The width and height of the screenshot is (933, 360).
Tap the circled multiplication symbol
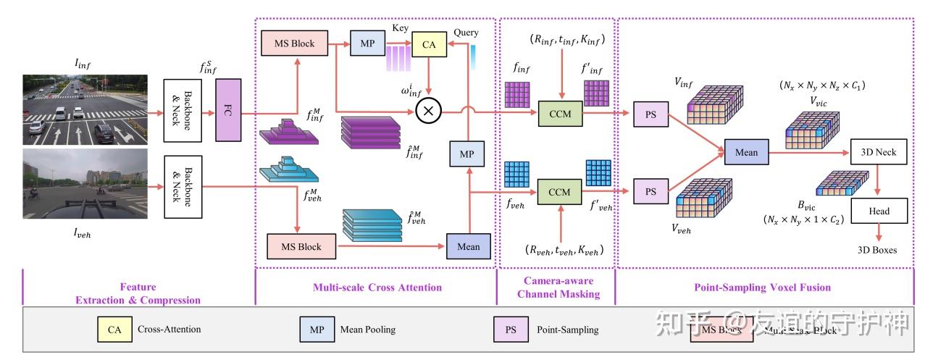(x=428, y=111)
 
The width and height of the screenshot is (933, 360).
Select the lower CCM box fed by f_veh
(x=559, y=192)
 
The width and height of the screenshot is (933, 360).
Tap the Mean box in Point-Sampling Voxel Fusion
(x=746, y=152)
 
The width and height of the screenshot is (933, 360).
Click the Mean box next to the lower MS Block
(x=468, y=246)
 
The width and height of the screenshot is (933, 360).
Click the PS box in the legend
(x=511, y=330)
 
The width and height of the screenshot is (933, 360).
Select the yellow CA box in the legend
(x=114, y=330)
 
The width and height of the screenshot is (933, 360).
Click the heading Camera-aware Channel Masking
(x=556, y=287)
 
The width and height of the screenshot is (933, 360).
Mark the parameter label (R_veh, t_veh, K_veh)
(x=564, y=250)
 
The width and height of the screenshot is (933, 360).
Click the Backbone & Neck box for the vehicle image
(x=183, y=185)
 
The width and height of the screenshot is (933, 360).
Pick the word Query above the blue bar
(x=466, y=33)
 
